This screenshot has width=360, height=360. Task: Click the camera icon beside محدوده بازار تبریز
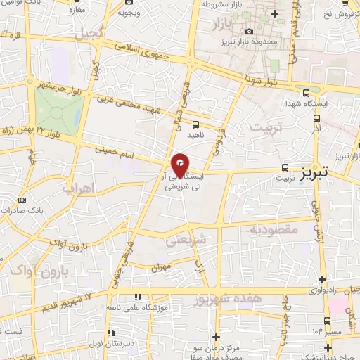pos(249,31)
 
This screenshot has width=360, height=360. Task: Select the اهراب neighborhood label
pos(77,188)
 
